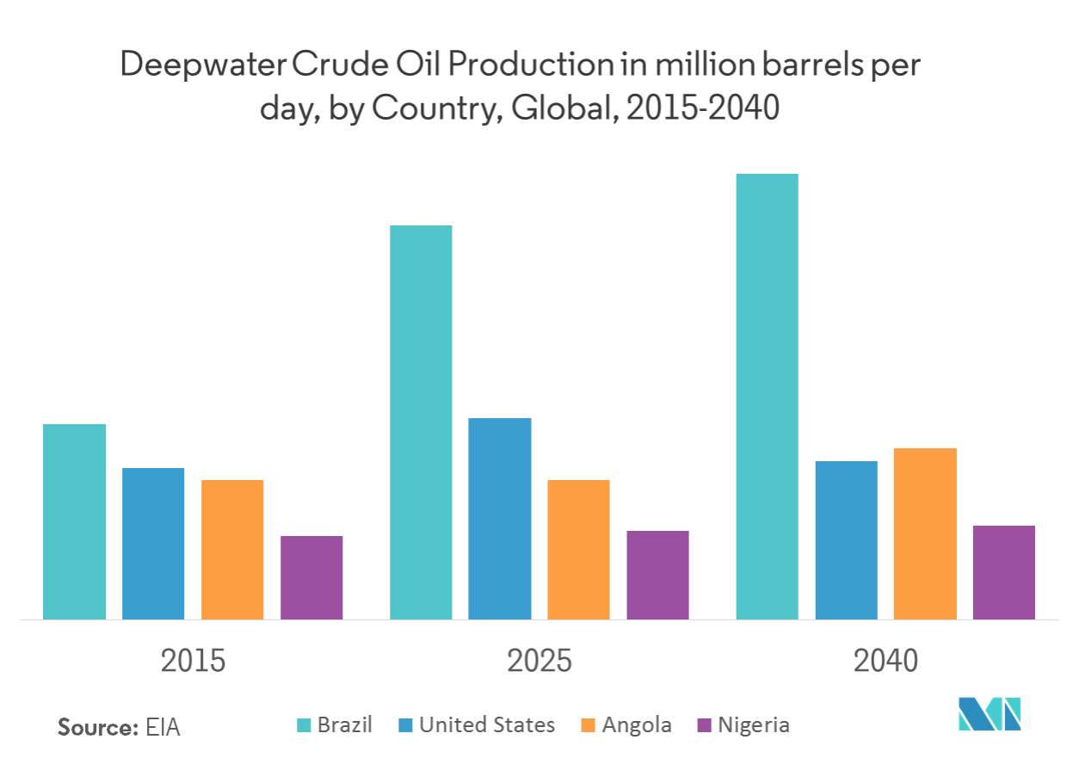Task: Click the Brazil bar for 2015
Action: coord(75,521)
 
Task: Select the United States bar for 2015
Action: coord(153,543)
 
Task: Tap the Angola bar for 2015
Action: coord(232,549)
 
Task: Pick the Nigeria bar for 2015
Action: coord(311,577)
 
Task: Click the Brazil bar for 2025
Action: coord(421,422)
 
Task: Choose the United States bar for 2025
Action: coord(500,518)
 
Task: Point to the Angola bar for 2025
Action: coord(578,549)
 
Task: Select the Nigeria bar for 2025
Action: coord(657,575)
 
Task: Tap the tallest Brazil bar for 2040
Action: coord(767,396)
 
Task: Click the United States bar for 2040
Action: coord(846,539)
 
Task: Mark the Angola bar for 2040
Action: coord(924,533)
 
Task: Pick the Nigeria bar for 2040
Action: coord(1003,572)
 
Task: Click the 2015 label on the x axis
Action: coord(194,662)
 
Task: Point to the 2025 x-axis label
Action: coord(539,662)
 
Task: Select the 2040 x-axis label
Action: coord(885,662)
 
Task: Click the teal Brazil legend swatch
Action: coord(303,726)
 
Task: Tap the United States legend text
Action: coord(487,725)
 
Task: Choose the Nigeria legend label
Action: coord(754,725)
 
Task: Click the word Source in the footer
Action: coord(97,727)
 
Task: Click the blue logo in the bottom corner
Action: coord(990,713)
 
